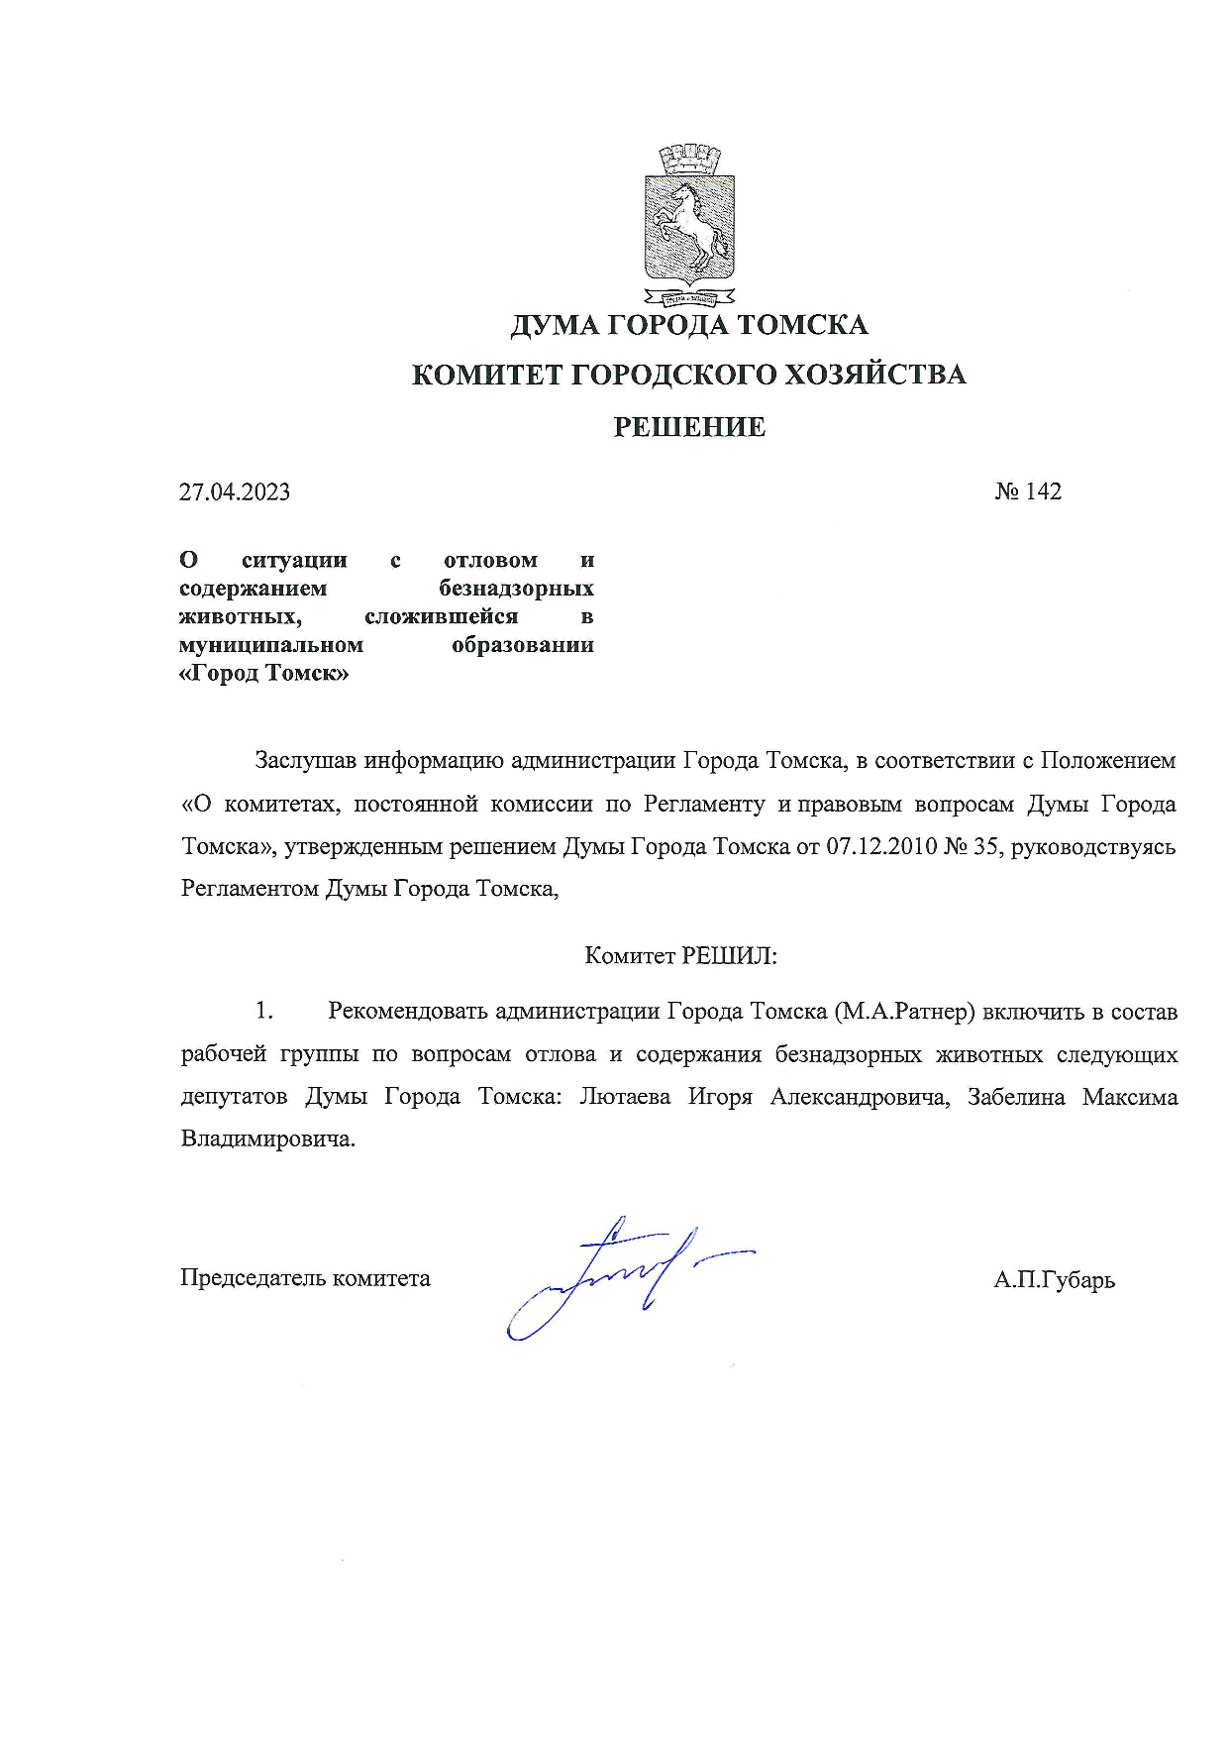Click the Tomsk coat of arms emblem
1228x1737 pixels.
point(688,224)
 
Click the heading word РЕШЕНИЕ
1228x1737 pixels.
point(689,427)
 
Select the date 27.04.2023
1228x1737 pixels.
point(235,492)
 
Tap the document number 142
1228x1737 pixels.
point(1042,491)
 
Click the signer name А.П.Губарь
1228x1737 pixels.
point(1054,1280)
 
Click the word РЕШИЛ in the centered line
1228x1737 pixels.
point(727,956)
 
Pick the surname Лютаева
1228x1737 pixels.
point(624,1097)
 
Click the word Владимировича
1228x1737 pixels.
point(266,1139)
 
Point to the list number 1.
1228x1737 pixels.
point(263,1012)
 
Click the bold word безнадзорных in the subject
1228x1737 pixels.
point(516,589)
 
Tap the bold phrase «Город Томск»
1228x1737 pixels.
point(264,674)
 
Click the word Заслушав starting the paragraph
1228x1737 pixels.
point(306,761)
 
